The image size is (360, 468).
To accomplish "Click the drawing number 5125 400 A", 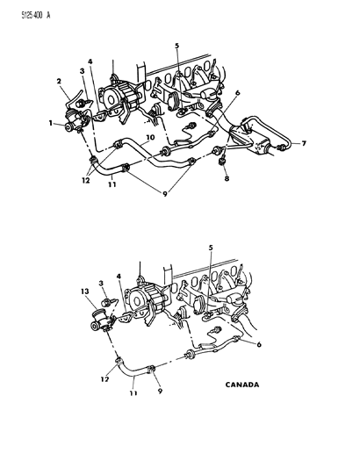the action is [x=35, y=15].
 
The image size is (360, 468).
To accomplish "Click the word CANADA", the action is [x=242, y=385].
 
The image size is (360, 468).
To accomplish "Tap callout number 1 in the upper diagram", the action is [x=51, y=123].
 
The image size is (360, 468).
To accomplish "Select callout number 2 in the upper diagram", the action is [x=59, y=81].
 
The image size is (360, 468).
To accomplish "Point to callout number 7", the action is [x=304, y=144].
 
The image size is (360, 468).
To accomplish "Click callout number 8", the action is [x=227, y=178].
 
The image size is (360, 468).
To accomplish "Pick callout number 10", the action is [x=150, y=137].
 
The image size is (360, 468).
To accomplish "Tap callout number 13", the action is [x=85, y=291].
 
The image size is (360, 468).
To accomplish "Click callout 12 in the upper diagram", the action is [x=86, y=180].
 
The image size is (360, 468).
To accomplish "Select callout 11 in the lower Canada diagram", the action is [x=133, y=392].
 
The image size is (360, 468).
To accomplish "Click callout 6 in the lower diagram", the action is [x=259, y=344].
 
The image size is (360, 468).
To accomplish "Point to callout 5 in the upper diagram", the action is [x=177, y=46].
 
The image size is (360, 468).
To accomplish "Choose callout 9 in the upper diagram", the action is [x=165, y=194].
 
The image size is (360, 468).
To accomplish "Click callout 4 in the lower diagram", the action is [x=119, y=277].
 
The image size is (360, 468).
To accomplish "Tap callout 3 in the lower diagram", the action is [x=101, y=283].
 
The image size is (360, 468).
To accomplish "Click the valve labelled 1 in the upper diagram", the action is [x=75, y=121].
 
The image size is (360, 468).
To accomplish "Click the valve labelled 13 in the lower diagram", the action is [x=100, y=320].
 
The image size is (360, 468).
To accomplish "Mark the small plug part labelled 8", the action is [x=222, y=162].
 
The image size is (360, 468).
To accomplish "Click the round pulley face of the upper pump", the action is [x=110, y=98].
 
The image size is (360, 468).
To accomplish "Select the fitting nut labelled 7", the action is [x=280, y=148].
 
